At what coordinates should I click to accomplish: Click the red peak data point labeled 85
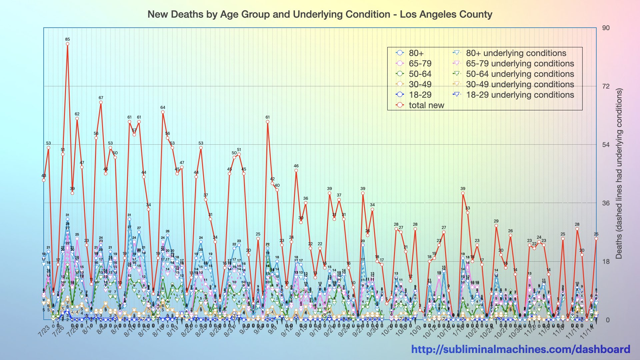(68, 44)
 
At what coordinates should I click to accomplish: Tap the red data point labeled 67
(101, 102)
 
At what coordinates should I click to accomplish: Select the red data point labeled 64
(163, 112)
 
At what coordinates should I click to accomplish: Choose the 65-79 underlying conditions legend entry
(520, 64)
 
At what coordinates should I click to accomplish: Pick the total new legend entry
(426, 105)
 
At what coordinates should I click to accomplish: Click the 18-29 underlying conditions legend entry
(520, 95)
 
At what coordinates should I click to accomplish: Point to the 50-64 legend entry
(420, 74)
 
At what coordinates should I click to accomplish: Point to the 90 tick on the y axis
(606, 28)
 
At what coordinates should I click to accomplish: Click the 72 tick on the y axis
(606, 86)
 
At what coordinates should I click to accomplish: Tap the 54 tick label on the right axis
(606, 145)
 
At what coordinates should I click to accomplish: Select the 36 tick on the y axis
(606, 203)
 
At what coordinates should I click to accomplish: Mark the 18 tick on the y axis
(606, 261)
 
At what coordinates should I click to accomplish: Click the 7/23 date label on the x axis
(44, 331)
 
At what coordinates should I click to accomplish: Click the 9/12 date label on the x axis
(287, 331)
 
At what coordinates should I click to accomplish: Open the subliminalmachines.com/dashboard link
(520, 349)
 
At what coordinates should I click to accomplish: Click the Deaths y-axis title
(619, 173)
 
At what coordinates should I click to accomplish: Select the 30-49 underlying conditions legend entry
(520, 84)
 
